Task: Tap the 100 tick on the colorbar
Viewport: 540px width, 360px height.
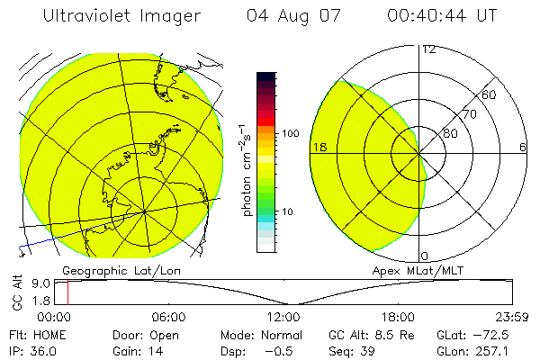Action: [290, 133]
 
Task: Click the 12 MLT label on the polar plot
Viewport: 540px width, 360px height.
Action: [428, 49]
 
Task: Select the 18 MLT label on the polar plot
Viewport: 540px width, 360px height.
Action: [319, 147]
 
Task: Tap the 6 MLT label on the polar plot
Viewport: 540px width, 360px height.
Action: [523, 147]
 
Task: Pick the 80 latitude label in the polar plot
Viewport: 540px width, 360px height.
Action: [450, 133]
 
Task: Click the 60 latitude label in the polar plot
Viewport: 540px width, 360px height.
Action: [490, 94]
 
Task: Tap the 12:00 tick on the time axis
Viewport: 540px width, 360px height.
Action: [283, 317]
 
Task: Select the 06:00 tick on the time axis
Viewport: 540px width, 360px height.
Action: [169, 317]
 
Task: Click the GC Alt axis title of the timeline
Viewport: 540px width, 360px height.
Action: [17, 294]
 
